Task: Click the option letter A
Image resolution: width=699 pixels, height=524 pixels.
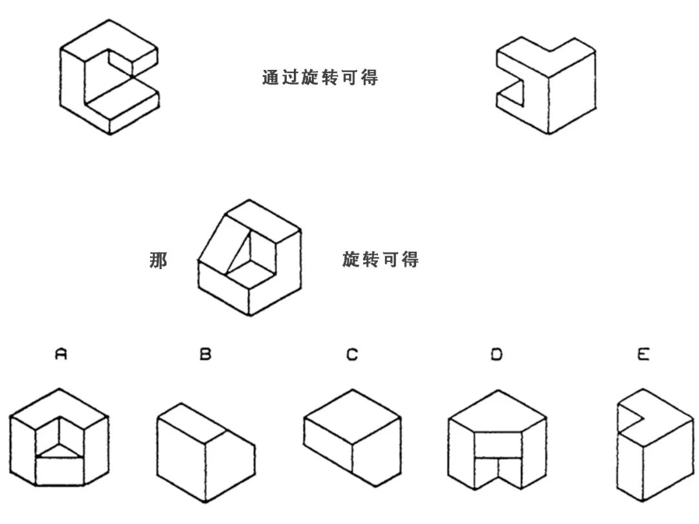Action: (x=61, y=355)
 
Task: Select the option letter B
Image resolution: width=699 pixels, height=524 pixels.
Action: (x=205, y=355)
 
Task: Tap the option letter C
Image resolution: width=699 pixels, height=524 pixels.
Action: (x=352, y=355)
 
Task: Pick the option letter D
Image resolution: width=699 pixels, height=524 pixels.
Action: (x=496, y=355)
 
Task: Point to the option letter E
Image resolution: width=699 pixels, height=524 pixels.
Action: (x=643, y=355)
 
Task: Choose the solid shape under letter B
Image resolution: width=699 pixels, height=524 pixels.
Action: (x=205, y=453)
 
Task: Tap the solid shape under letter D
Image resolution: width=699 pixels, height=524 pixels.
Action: (x=496, y=440)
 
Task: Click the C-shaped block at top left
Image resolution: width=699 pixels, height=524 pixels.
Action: (x=109, y=76)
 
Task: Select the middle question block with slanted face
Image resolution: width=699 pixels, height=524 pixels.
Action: (x=249, y=257)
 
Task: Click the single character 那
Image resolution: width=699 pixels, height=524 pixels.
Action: (x=159, y=260)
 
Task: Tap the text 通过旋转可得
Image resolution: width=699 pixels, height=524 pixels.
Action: (x=320, y=78)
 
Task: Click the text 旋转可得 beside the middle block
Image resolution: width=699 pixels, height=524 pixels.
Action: (x=381, y=260)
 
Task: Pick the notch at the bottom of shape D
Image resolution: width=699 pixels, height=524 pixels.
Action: (x=497, y=475)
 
